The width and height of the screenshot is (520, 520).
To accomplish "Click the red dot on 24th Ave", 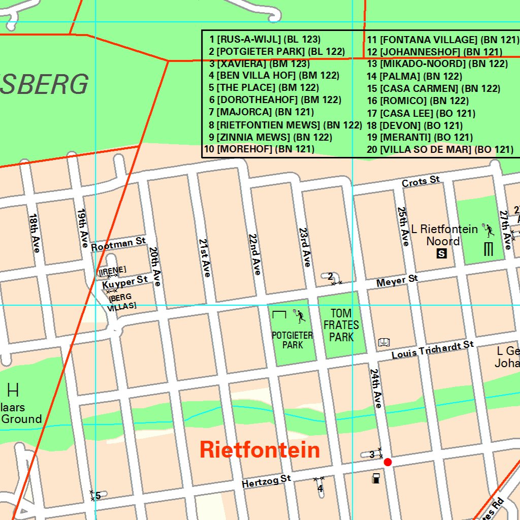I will click(x=388, y=462).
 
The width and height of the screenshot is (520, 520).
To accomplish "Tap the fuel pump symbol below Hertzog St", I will click(x=376, y=478).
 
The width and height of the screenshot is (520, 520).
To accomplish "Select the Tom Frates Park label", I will click(x=341, y=325).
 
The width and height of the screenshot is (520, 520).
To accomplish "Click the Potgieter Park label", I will click(x=292, y=340).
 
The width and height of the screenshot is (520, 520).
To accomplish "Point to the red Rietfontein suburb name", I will click(x=259, y=450).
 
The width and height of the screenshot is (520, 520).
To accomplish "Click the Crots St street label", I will click(x=420, y=181).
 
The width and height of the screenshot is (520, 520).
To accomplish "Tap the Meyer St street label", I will click(x=397, y=280).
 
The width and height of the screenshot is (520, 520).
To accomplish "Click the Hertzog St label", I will click(x=266, y=481).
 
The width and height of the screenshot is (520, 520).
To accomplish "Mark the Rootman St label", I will click(x=118, y=244).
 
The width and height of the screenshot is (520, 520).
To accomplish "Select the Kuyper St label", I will click(x=125, y=282).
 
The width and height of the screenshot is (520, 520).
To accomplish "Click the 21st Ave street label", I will click(x=205, y=257).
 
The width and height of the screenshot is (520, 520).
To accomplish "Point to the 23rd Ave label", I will click(x=305, y=247).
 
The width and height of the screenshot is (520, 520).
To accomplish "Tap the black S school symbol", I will click(x=442, y=253).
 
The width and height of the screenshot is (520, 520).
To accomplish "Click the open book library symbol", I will click(x=384, y=342).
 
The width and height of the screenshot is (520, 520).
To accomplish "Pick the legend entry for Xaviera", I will click(x=259, y=63).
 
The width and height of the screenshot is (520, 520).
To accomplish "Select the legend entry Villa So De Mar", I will click(x=440, y=149).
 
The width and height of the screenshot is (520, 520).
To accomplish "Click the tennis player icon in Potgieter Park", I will click(x=300, y=316).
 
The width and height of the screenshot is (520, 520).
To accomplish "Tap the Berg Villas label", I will click(x=122, y=302).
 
